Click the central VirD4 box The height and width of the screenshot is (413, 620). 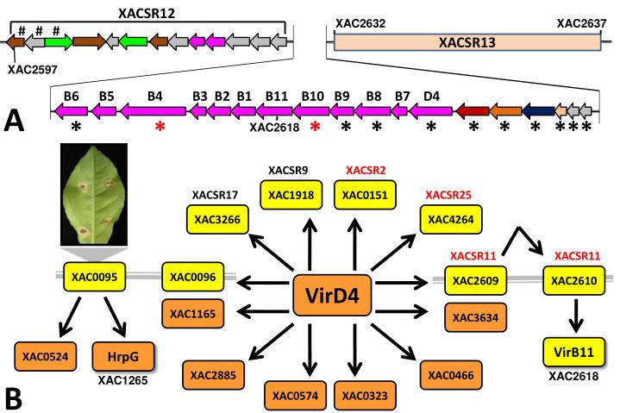click(x=332, y=295)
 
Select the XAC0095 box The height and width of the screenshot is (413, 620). click(x=95, y=277)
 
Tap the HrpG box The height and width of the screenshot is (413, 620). click(x=123, y=356)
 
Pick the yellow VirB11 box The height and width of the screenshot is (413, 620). click(x=574, y=352)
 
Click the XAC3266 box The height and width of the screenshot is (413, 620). click(x=217, y=219)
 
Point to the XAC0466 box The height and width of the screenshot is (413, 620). click(x=451, y=375)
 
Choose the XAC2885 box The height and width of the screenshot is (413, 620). click(x=213, y=375)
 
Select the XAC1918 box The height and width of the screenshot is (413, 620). click(x=291, y=195)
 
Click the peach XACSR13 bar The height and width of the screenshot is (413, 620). click(x=467, y=42)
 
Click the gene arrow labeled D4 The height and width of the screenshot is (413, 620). click(x=430, y=111)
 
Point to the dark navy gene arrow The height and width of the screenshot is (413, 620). click(x=539, y=111)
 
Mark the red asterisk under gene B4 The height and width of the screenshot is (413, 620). click(x=160, y=127)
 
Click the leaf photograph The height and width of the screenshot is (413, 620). click(x=94, y=195)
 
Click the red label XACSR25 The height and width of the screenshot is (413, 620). click(x=448, y=195)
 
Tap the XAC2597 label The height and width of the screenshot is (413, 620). click(x=33, y=70)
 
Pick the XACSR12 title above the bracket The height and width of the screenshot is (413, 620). click(x=147, y=14)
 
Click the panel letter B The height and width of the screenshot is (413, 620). click(x=13, y=398)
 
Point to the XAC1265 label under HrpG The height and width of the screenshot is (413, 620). click(x=123, y=380)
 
